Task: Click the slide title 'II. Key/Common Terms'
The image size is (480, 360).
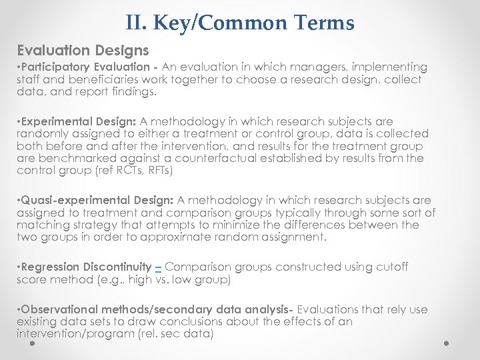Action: click(x=239, y=23)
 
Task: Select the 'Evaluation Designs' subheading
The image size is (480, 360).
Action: click(x=83, y=50)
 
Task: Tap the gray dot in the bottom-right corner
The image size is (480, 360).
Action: click(x=446, y=343)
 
